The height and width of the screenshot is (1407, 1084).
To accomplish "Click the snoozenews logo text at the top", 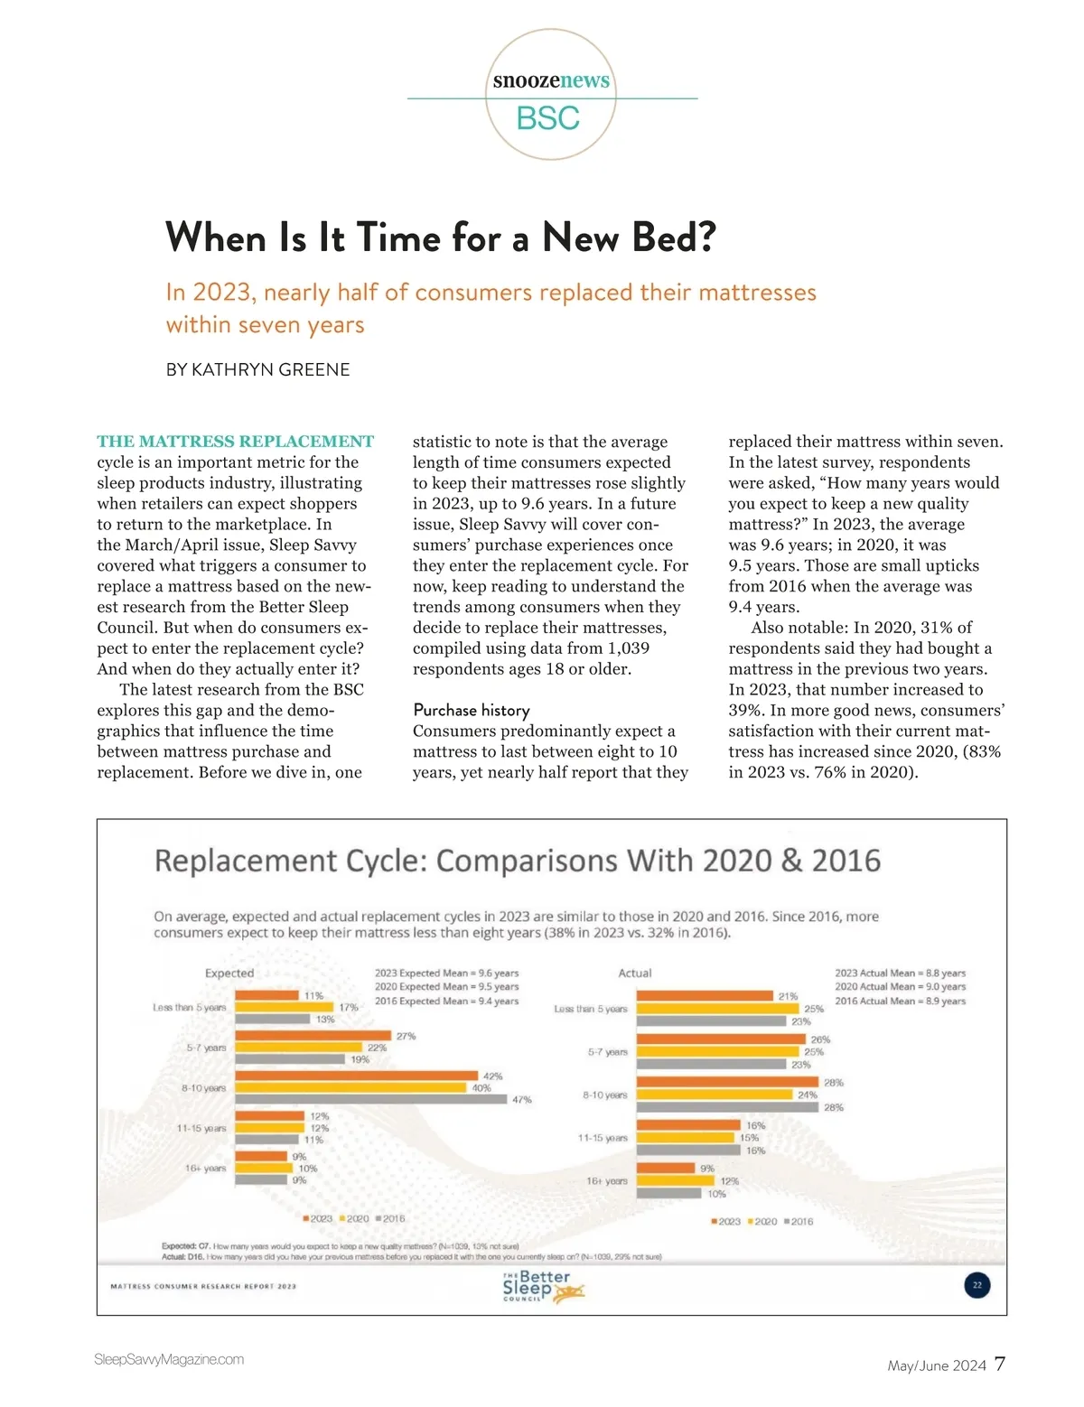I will [x=551, y=80].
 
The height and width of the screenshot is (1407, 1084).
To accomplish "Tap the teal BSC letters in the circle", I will [x=548, y=118].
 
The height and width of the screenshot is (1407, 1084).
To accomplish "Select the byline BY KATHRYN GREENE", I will [x=257, y=369].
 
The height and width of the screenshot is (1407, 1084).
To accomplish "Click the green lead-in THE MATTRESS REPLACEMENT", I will [x=235, y=442].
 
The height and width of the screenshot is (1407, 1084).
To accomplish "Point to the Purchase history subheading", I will [x=471, y=710].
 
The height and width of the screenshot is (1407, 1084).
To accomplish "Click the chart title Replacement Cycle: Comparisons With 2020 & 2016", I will [x=517, y=861].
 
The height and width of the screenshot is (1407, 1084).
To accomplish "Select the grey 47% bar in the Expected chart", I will [x=370, y=1099].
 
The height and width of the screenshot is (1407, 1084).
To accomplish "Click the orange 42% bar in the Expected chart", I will [x=356, y=1076].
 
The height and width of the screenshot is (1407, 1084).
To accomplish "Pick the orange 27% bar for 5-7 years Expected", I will [x=313, y=1036].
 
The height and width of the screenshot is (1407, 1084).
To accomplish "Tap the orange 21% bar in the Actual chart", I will [x=705, y=996].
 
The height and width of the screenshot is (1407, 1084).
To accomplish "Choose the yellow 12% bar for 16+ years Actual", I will [x=676, y=1180].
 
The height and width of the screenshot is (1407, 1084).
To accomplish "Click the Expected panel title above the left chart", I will [x=229, y=973].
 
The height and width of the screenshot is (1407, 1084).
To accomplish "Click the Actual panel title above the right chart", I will [x=635, y=973].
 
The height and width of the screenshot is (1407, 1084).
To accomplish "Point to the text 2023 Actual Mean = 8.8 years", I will [x=900, y=973].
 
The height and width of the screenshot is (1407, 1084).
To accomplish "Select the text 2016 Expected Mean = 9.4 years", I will [x=446, y=1001].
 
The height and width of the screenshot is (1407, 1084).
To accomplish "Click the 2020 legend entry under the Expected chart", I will [x=354, y=1218].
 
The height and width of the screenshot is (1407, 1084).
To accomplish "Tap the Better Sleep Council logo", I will [x=542, y=1286].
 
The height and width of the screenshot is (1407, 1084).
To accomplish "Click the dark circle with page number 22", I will [x=977, y=1284].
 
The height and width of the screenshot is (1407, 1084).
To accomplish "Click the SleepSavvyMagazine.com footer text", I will [x=169, y=1359].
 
